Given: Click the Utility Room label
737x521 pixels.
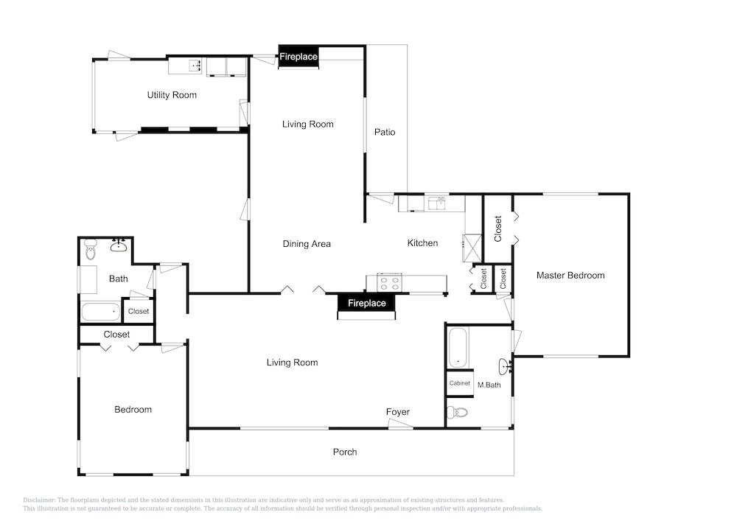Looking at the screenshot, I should (172, 95).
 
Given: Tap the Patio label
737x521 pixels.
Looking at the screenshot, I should (385, 132).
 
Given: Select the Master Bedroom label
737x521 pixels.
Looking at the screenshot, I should (570, 276).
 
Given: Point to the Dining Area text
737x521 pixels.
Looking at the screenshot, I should (307, 244).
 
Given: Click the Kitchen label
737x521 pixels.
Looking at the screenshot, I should (423, 243).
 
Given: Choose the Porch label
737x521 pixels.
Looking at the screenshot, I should (345, 452).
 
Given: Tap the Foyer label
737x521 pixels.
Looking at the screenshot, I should (398, 412).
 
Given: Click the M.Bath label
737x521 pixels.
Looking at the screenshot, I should (489, 385).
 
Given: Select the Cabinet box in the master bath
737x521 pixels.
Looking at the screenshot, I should (459, 383).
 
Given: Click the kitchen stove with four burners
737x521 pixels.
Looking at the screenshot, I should (391, 280).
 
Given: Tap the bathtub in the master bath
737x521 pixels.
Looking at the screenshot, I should (458, 348).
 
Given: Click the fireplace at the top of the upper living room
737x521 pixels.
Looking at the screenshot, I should (298, 57).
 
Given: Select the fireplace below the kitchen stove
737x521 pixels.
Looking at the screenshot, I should (366, 303).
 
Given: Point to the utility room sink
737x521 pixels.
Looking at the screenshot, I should (195, 66).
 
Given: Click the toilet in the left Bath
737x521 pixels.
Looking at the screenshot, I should (91, 251).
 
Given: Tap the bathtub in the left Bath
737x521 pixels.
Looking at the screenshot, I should (100, 312).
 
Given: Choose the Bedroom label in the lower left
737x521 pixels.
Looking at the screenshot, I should (133, 410).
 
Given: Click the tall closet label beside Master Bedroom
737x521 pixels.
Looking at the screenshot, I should (498, 228).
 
